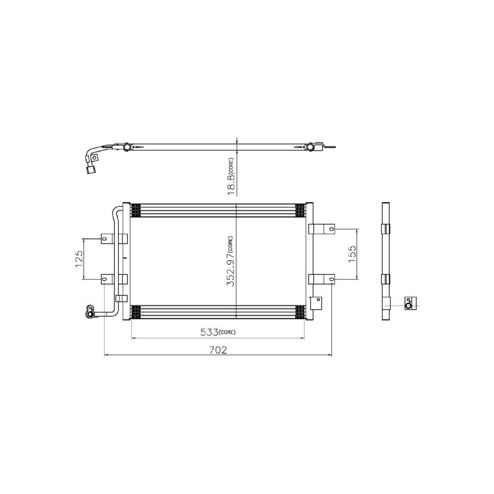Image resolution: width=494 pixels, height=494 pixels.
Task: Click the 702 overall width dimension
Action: (217, 350)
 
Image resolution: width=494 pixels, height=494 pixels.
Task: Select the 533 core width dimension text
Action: (209, 332)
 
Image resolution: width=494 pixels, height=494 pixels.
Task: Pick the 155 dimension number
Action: (352, 253)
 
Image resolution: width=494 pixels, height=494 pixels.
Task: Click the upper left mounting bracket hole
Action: (105, 238)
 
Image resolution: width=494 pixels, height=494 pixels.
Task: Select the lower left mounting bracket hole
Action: (105, 279)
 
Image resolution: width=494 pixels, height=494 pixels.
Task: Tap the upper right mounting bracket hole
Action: (331, 229)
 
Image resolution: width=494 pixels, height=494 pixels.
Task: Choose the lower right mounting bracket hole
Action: (331, 280)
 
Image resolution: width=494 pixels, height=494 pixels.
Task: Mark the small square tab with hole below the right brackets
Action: (317, 302)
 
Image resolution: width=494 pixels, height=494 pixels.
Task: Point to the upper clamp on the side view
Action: (386, 228)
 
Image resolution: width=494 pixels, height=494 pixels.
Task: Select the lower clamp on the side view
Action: (386, 279)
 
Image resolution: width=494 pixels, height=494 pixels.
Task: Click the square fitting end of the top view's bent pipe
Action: (91, 169)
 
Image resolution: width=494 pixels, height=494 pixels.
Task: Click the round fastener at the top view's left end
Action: (126, 148)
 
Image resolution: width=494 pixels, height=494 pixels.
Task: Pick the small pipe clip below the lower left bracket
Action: (120, 298)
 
